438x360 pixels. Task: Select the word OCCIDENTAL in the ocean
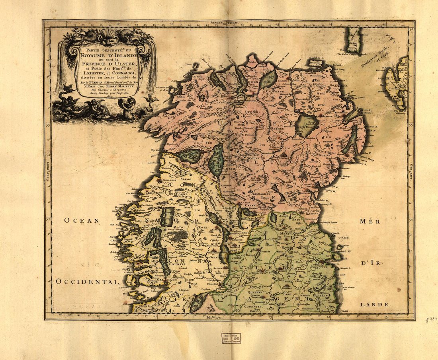[88, 282]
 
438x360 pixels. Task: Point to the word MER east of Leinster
[370, 221]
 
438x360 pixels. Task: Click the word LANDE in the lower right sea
[374, 304]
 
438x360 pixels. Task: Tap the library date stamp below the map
[231, 339]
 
